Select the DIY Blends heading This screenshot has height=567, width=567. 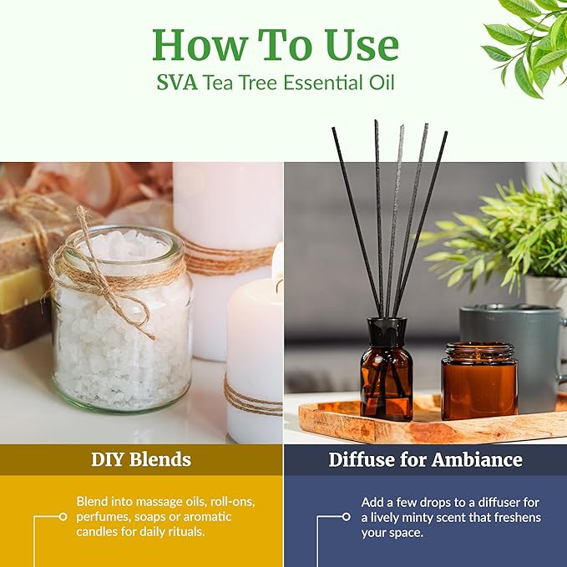pyautogui.click(x=141, y=459)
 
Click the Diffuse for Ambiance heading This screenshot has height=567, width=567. pyautogui.click(x=425, y=459)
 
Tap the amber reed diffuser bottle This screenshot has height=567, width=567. pyautogui.click(x=386, y=376)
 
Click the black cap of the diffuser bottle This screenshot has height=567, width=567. pyautogui.click(x=386, y=326)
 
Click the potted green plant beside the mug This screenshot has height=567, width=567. pyautogui.click(x=501, y=234)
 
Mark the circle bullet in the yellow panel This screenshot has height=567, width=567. pyautogui.click(x=63, y=517)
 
